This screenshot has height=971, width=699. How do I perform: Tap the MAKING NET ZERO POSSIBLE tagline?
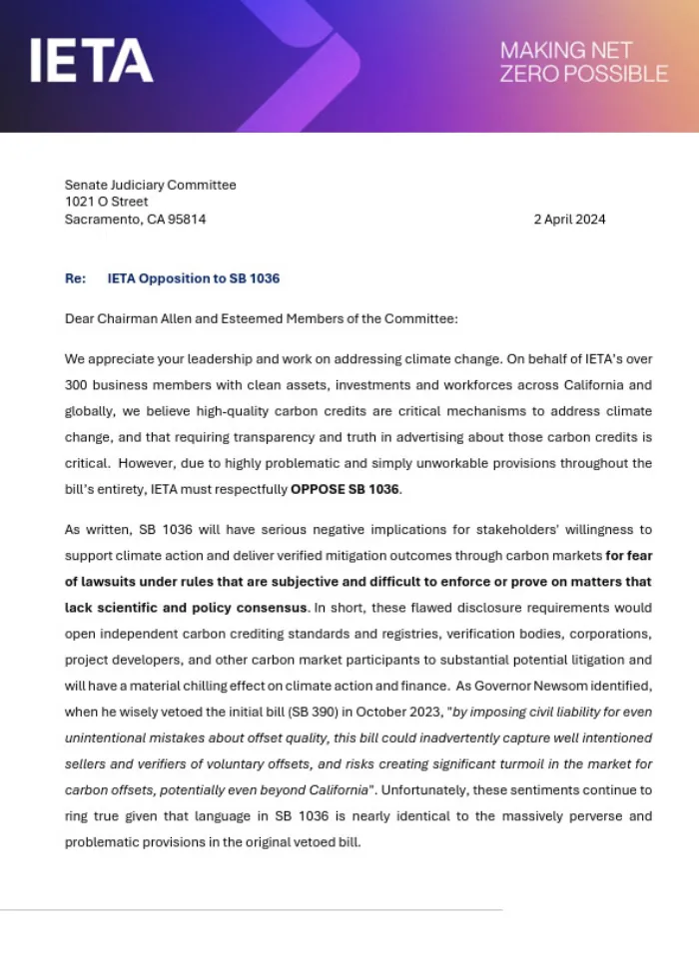583,62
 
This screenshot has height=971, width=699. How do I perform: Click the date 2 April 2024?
569,220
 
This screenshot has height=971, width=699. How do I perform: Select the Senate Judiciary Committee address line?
150,185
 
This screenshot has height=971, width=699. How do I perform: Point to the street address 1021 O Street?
106,202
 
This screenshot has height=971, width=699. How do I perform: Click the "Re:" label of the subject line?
75,278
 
